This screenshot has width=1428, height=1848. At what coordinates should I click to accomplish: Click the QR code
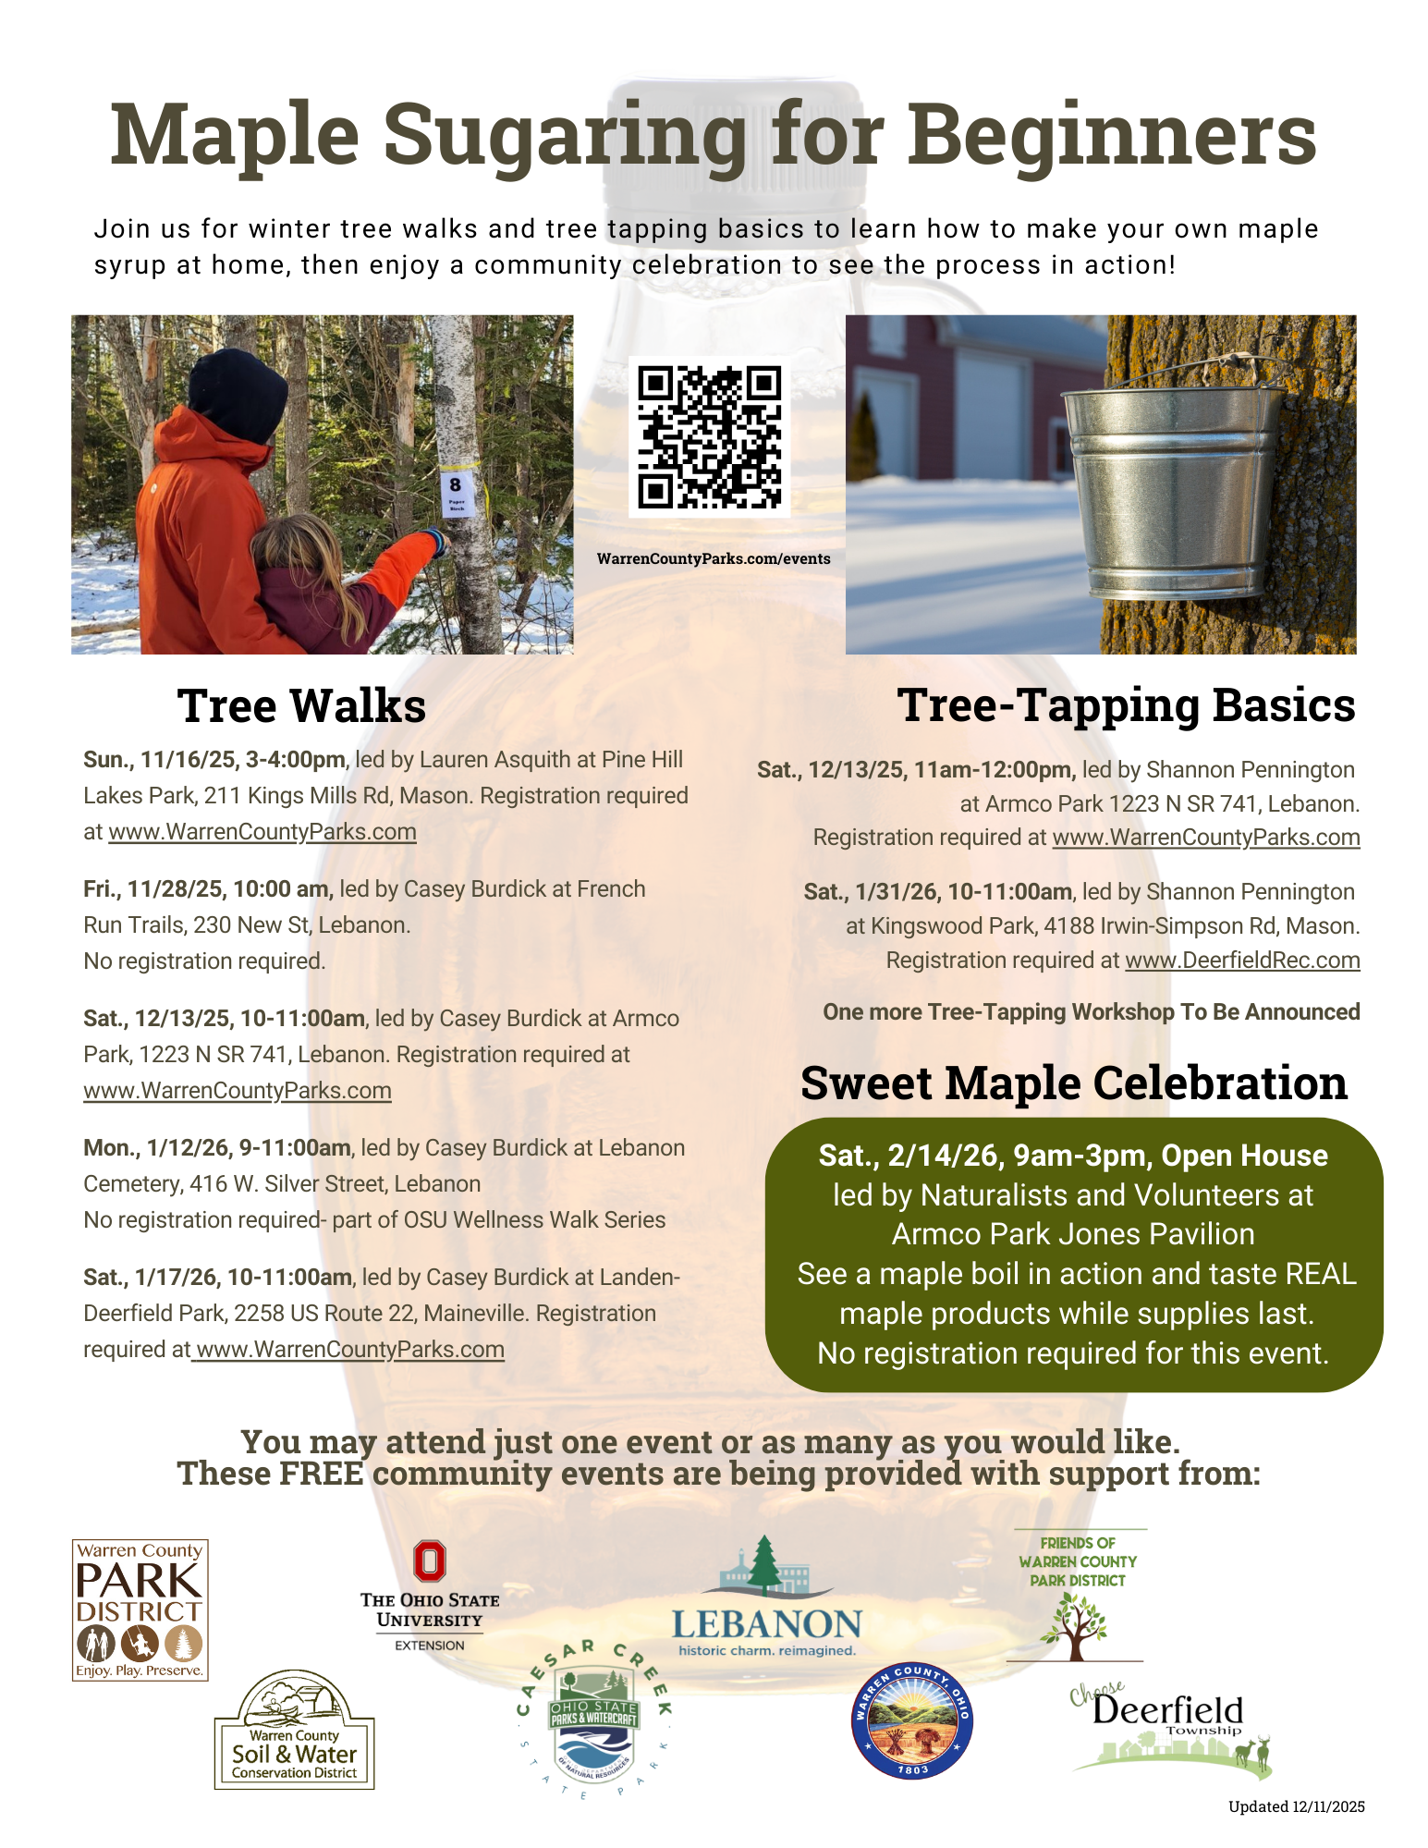[x=710, y=437]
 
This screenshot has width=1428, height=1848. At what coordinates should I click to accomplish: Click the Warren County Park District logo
[x=140, y=1609]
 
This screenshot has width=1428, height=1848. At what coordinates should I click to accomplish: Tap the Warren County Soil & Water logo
[x=294, y=1732]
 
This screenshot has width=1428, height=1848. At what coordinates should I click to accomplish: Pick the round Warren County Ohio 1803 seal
[x=911, y=1720]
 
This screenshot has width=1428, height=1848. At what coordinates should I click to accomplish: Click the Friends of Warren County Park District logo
[x=1078, y=1594]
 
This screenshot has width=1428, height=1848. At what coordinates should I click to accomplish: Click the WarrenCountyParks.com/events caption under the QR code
[x=714, y=559]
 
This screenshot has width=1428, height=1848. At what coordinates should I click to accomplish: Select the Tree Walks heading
[x=301, y=706]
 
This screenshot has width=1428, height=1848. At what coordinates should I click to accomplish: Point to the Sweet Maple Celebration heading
[x=1073, y=1083]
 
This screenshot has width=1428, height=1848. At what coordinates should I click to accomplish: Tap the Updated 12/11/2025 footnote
[x=1296, y=1806]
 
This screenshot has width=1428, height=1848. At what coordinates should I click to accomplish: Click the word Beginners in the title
[x=1112, y=135]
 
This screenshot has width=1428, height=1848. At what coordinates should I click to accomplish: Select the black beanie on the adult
[x=238, y=394]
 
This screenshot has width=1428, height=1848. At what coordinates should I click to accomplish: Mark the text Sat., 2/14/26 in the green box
[x=910, y=1156]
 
